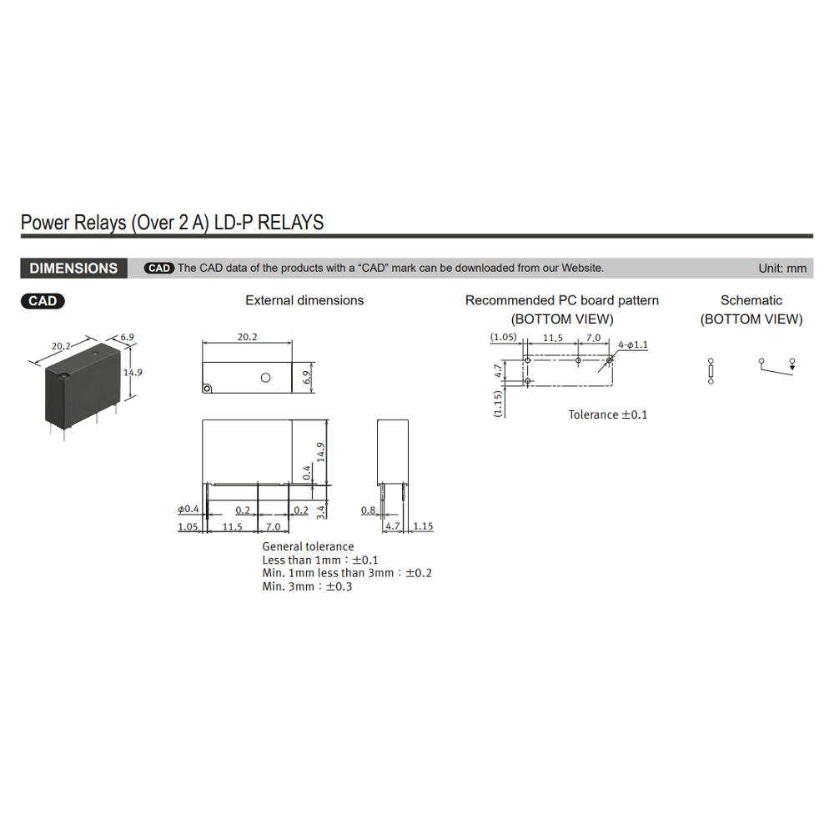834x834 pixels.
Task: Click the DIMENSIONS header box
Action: (x=74, y=268)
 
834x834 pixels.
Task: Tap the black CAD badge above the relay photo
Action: (x=43, y=301)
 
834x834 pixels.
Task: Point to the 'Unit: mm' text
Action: (x=782, y=269)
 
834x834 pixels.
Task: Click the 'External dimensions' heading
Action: (x=304, y=300)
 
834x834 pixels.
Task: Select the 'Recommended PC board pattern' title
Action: (x=561, y=300)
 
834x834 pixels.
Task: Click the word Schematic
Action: (x=751, y=300)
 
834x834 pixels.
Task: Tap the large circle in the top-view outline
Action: (x=265, y=378)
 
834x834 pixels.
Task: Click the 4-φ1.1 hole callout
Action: (x=633, y=344)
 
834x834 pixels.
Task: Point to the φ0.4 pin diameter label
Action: (x=188, y=509)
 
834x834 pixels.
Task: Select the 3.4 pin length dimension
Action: (x=321, y=512)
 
